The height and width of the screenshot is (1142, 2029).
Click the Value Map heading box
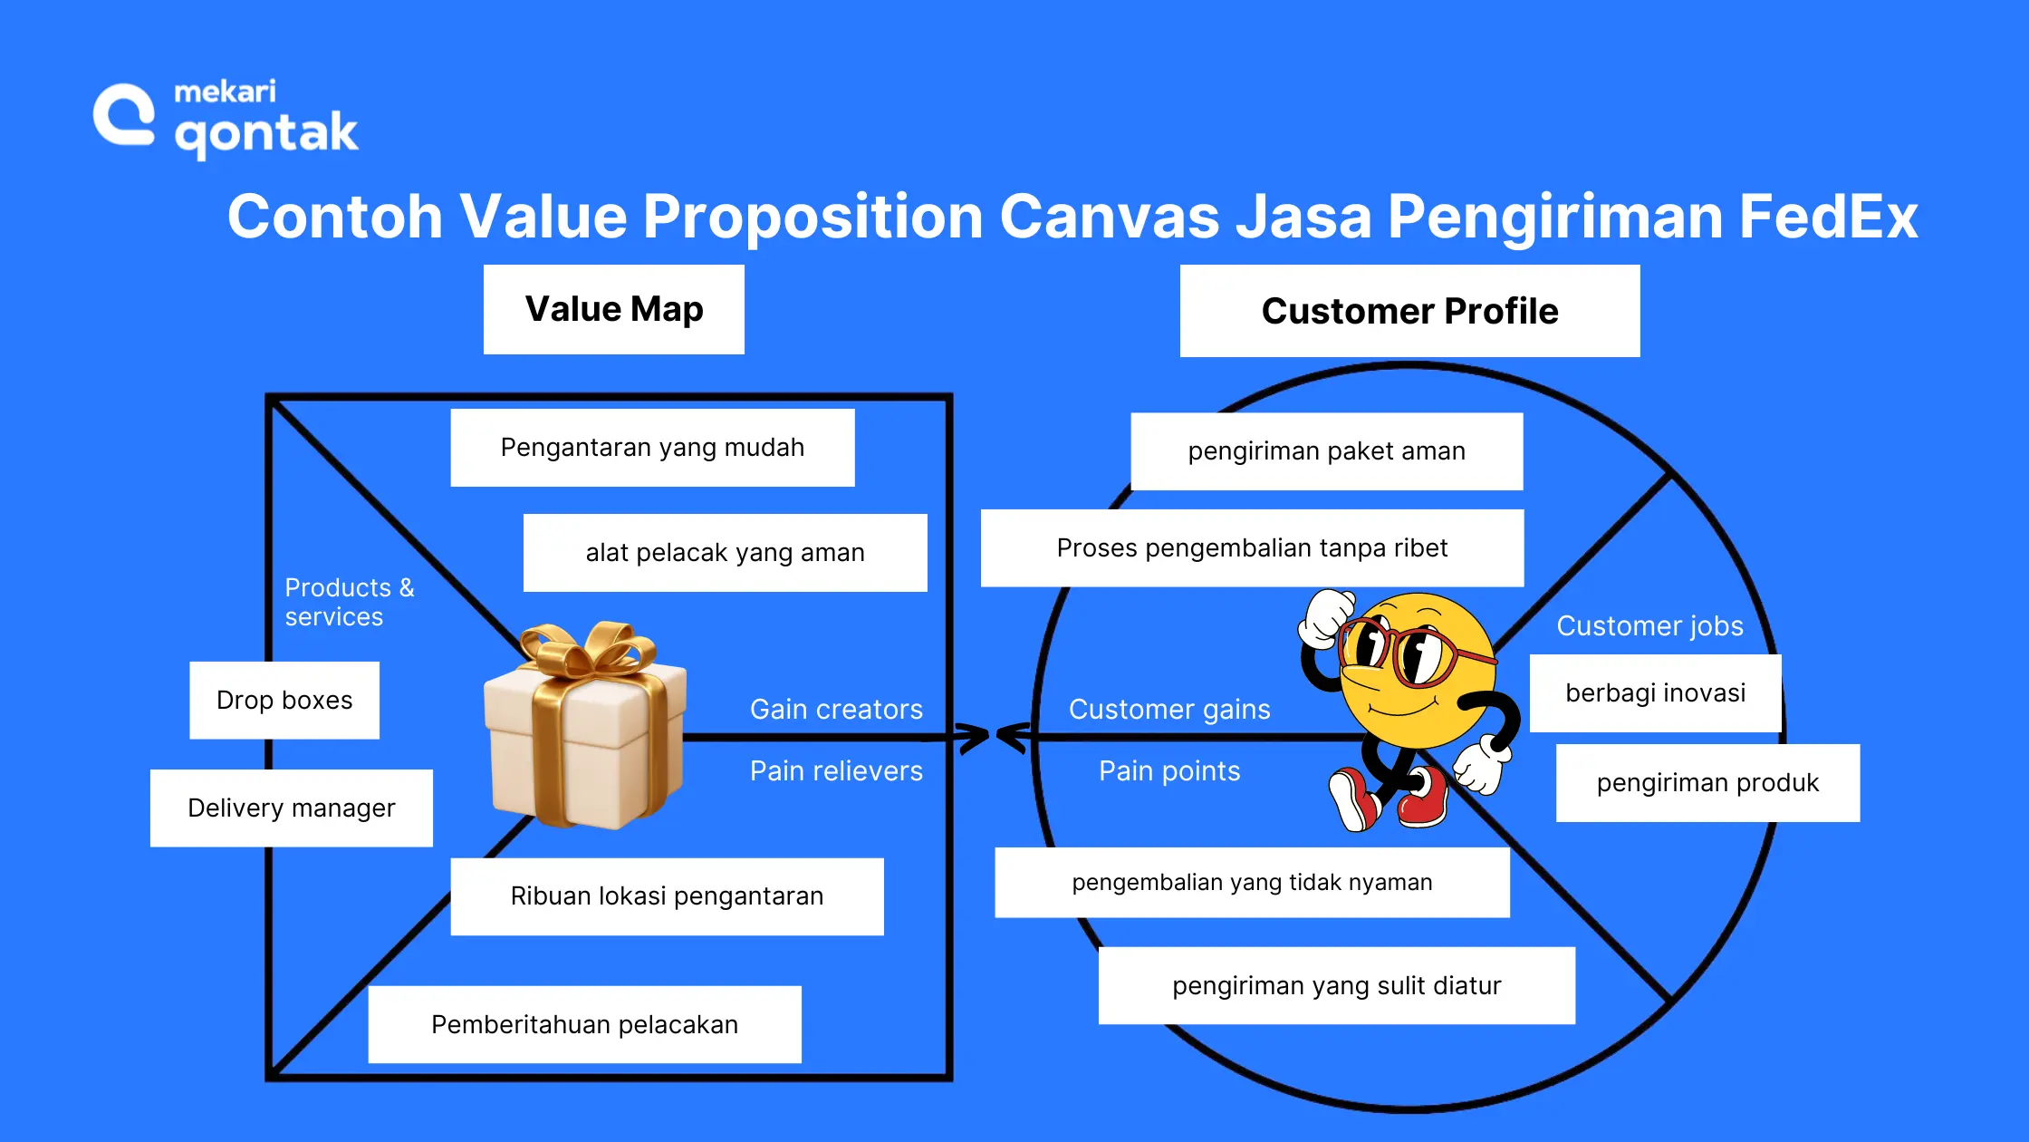(x=613, y=309)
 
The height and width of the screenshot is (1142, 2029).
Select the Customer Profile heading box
(x=1409, y=311)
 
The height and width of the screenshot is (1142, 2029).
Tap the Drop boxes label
(x=284, y=700)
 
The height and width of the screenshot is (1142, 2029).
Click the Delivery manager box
(x=291, y=808)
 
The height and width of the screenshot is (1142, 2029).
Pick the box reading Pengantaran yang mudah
(x=652, y=448)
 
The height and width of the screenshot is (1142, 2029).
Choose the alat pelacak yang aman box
(x=725, y=553)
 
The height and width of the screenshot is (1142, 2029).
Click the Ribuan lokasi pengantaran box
(x=667, y=896)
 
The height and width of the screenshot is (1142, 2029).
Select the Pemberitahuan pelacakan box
(x=584, y=1024)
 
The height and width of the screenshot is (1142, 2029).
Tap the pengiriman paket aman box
(x=1326, y=451)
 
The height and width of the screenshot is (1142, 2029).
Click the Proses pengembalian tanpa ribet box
(x=1252, y=548)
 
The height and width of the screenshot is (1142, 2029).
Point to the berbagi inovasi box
(x=1655, y=693)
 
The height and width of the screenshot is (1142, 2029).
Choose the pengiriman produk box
(x=1707, y=783)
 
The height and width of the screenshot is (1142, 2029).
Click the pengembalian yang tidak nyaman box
(x=1252, y=883)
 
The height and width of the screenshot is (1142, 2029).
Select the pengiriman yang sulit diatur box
(x=1336, y=986)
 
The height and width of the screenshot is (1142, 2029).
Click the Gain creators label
(x=836, y=710)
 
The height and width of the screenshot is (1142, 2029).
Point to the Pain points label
(x=1168, y=771)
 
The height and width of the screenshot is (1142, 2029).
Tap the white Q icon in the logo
(x=125, y=115)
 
